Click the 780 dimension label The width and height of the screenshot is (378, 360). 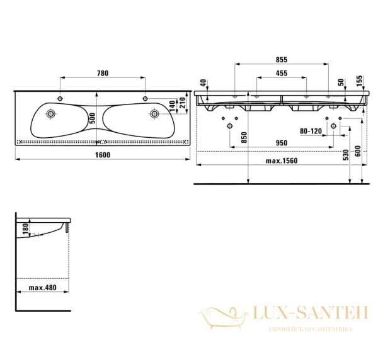(103, 73)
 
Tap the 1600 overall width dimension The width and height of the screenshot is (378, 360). (103, 155)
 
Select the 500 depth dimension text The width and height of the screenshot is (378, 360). (93, 118)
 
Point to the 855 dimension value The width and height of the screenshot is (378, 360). (282, 60)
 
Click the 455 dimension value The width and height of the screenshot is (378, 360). (282, 73)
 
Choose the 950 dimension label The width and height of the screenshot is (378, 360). (282, 143)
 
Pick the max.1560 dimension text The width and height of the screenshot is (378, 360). (282, 160)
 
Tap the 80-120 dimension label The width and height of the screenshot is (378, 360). (311, 132)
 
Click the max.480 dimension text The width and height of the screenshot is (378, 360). (43, 288)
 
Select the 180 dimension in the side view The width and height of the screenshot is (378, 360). (25, 228)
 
